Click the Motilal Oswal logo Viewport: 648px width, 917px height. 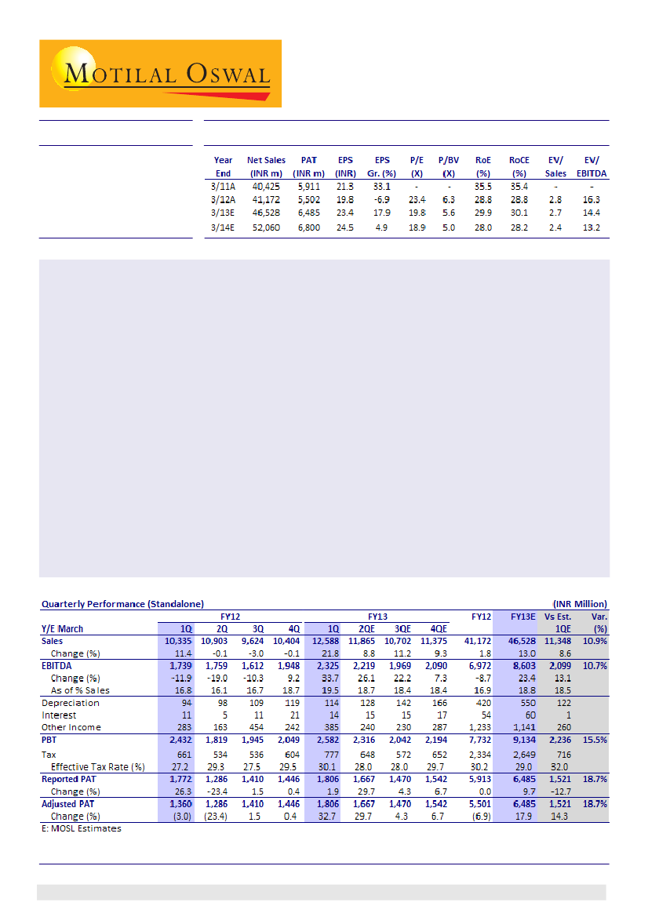pyautogui.click(x=160, y=73)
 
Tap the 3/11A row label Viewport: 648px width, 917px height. pyautogui.click(x=223, y=187)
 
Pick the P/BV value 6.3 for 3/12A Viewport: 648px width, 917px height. pyautogui.click(x=449, y=200)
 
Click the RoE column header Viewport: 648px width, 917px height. pyautogui.click(x=482, y=166)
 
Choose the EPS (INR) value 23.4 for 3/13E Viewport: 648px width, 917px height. pyautogui.click(x=345, y=213)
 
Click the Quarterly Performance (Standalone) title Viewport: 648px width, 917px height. pyautogui.click(x=122, y=603)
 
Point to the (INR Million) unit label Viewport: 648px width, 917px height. pyautogui.click(x=580, y=603)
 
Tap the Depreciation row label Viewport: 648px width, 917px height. pyautogui.click(x=71, y=703)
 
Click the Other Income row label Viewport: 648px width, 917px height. pyautogui.click(x=71, y=727)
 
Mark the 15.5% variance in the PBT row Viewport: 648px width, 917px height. pyautogui.click(x=594, y=740)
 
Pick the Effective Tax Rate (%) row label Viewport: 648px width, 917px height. pyautogui.click(x=98, y=766)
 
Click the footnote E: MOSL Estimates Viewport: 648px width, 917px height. pyautogui.click(x=82, y=828)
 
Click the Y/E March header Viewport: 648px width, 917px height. pyautogui.click(x=62, y=628)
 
